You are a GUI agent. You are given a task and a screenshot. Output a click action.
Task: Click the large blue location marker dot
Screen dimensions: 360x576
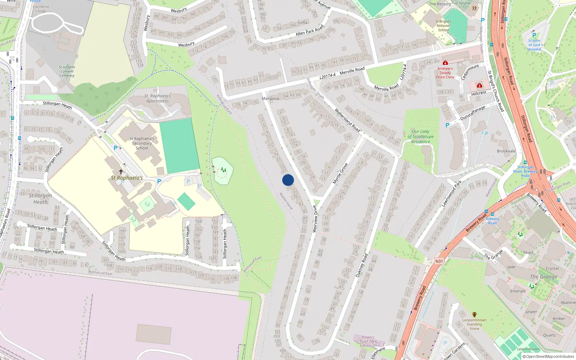(288, 180)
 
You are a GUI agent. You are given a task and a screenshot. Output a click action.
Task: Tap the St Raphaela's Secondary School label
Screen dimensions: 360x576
(142, 143)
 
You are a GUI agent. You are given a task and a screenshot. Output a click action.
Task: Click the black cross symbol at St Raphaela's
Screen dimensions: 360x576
(121, 172)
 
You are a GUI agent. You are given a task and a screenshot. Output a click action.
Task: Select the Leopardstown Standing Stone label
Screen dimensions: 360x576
(474, 324)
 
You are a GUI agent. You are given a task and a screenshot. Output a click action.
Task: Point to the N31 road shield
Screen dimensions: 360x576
(439, 261)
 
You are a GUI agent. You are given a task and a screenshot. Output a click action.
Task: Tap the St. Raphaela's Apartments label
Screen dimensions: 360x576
(158, 98)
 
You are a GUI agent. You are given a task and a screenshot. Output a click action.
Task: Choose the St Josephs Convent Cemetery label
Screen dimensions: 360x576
(67, 71)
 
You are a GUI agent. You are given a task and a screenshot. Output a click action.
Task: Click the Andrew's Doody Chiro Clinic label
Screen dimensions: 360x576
(445, 73)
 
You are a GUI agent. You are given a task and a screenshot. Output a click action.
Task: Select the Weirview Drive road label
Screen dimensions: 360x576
(315, 219)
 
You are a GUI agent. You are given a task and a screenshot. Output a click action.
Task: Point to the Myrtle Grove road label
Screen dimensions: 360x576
(340, 174)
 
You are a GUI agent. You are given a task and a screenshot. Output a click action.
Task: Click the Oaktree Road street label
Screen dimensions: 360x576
(362, 265)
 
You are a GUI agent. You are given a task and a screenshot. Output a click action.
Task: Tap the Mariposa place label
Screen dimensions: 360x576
(270, 99)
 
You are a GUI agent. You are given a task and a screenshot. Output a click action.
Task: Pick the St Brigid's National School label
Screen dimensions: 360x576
(443, 26)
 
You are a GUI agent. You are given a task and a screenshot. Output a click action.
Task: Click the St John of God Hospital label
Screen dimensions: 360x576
(534, 45)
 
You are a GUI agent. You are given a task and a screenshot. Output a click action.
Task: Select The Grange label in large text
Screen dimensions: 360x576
(544, 276)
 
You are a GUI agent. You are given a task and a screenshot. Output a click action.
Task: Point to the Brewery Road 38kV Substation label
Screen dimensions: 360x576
(368, 341)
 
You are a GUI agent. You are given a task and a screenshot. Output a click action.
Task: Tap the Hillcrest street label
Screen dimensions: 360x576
(479, 93)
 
